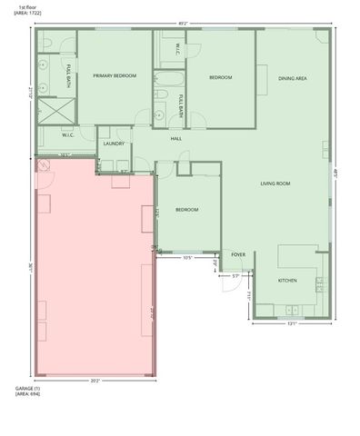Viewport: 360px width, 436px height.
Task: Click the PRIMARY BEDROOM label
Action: pyautogui.click(x=115, y=76)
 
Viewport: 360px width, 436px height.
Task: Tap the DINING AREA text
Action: pyautogui.click(x=292, y=79)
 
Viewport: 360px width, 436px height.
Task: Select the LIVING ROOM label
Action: pyautogui.click(x=275, y=184)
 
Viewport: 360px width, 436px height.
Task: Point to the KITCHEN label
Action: pyautogui.click(x=287, y=281)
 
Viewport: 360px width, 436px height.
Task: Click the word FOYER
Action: pyautogui.click(x=238, y=255)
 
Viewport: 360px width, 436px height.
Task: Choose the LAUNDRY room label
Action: pyautogui.click(x=114, y=144)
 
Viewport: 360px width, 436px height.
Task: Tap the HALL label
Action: pyautogui.click(x=176, y=139)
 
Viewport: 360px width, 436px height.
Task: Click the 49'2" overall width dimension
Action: pyautogui.click(x=184, y=24)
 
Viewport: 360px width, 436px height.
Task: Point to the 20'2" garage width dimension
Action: pyautogui.click(x=95, y=381)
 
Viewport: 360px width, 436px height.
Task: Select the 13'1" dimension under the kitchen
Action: pyautogui.click(x=291, y=324)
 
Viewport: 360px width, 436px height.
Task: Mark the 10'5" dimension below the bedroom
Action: pyautogui.click(x=188, y=257)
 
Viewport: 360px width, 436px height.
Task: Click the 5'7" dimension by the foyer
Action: pyautogui.click(x=235, y=275)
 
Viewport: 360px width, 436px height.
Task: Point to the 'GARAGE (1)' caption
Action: pyautogui.click(x=27, y=389)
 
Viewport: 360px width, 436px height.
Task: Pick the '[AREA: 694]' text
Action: pyautogui.click(x=27, y=395)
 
